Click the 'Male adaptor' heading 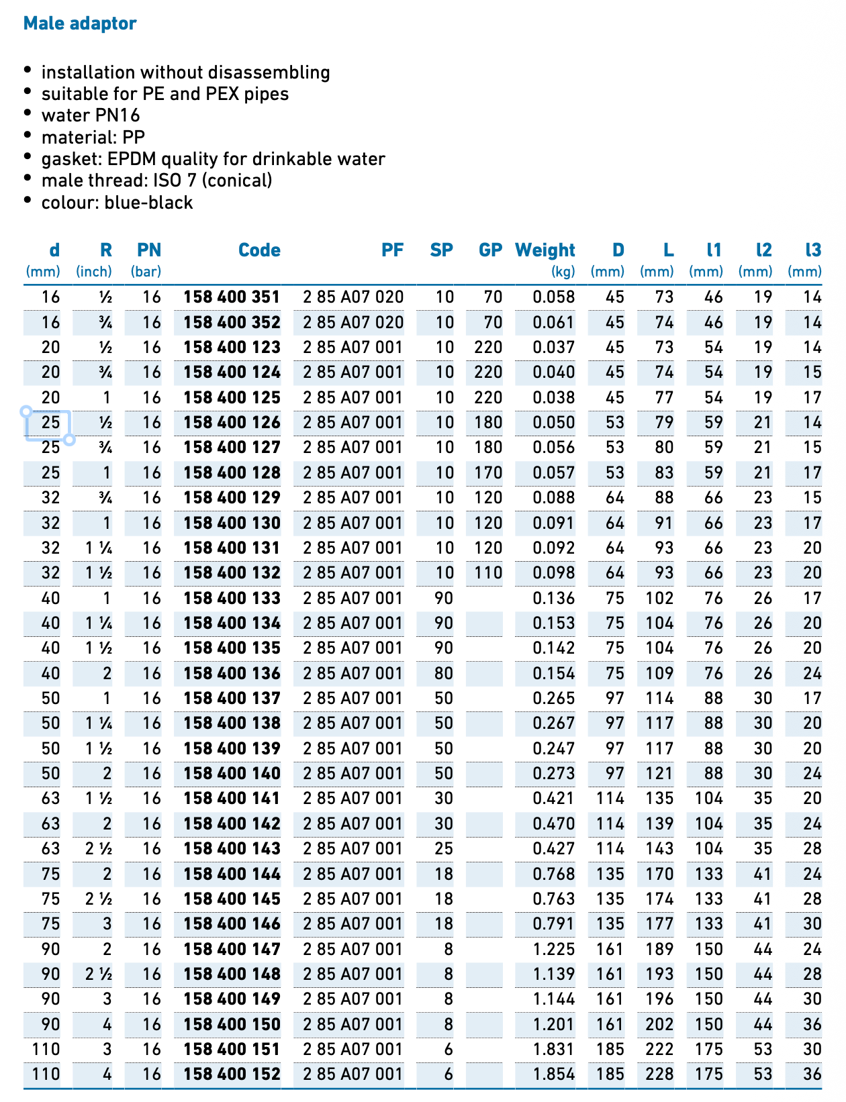click(x=80, y=23)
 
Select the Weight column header click(x=545, y=250)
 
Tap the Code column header click(x=259, y=250)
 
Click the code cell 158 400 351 click(x=232, y=297)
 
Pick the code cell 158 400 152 click(x=232, y=1074)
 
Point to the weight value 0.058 click(x=554, y=297)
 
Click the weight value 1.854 click(x=554, y=1074)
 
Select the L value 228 click(x=659, y=1074)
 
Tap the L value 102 click(x=659, y=598)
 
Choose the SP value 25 click(x=443, y=848)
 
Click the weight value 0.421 click(x=554, y=799)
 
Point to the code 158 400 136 click(x=232, y=673)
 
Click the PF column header click(x=392, y=250)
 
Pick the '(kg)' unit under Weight click(x=563, y=272)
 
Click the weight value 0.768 click(x=554, y=874)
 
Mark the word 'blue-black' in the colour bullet click(x=148, y=203)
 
